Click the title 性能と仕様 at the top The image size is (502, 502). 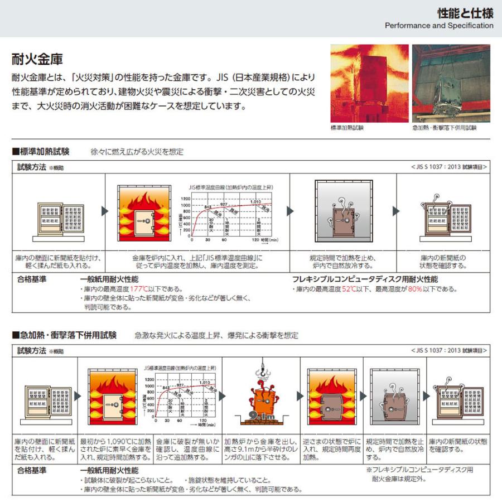tap(465, 13)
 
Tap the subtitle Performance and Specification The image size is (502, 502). tap(439, 26)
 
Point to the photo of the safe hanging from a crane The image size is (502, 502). tap(451, 83)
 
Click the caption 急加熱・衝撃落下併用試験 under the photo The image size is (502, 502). tap(445, 128)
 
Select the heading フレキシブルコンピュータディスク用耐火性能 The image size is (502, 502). tap(365, 279)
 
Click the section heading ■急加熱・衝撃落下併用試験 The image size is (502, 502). tap(64, 335)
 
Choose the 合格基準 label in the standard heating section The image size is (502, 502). tap(32, 279)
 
